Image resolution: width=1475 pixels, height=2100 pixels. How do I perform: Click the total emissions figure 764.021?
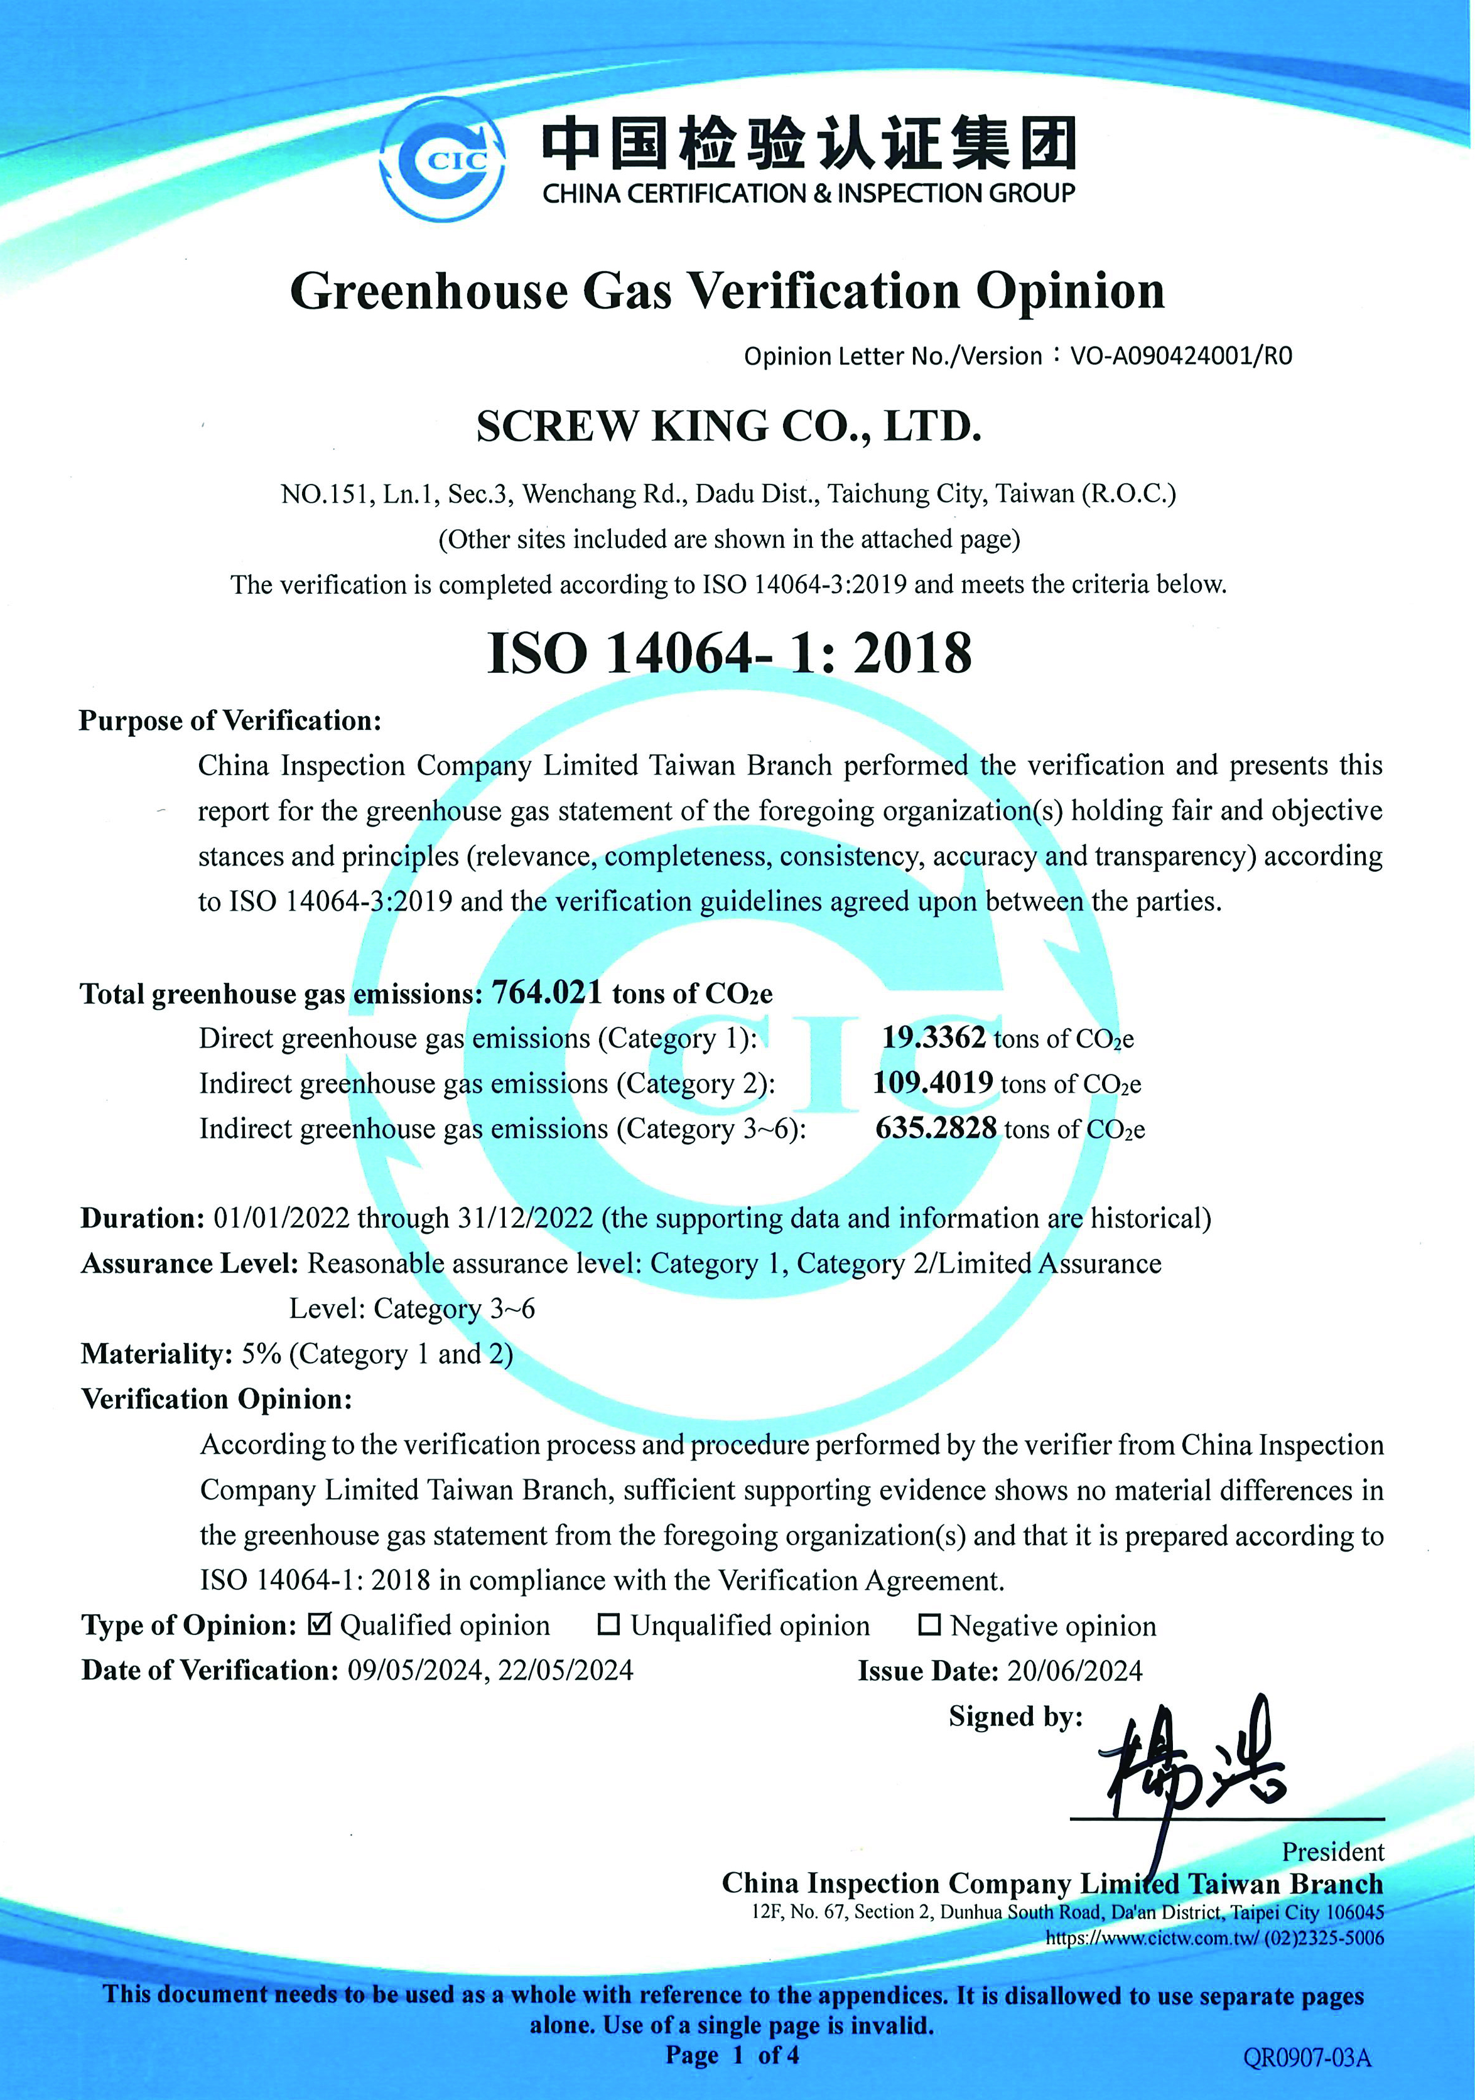point(547,992)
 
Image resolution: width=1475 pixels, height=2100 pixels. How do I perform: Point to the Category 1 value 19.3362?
point(933,1037)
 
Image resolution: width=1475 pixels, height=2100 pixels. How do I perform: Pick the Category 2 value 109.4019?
point(932,1082)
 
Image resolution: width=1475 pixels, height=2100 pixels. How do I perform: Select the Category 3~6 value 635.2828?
point(935,1128)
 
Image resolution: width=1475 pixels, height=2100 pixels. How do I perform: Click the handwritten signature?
point(1189,1770)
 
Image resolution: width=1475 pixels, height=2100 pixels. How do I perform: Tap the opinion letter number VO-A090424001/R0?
point(1181,356)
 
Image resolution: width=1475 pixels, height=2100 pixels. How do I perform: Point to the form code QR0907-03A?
point(1307,2057)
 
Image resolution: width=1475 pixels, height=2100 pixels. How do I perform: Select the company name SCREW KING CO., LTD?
point(728,426)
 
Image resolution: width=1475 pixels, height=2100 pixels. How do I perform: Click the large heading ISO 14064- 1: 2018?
point(729,653)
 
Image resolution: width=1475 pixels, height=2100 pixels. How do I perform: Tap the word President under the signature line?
point(1332,1852)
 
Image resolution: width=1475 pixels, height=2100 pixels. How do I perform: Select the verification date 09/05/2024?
point(414,1670)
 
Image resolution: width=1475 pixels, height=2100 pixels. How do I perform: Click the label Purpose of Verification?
point(230,720)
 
